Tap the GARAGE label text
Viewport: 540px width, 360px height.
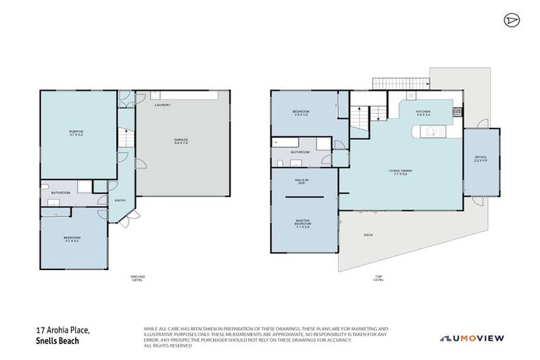pos(181,141)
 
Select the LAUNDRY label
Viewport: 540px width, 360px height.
pos(162,105)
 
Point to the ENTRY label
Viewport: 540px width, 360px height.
pos(120,200)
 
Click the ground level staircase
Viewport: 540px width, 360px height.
pos(124,139)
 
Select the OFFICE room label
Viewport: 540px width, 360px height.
pos(481,158)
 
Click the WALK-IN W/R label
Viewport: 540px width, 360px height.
pos(302,182)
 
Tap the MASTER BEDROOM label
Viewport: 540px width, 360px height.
pos(303,224)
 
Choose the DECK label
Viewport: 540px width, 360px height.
pos(368,235)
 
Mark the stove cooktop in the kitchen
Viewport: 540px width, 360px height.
pos(457,110)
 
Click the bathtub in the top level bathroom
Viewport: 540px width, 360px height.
pos(288,143)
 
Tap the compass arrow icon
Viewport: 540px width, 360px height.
pos(510,20)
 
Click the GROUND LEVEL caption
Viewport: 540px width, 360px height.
pos(137,278)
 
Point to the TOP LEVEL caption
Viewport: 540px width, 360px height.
pos(379,278)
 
